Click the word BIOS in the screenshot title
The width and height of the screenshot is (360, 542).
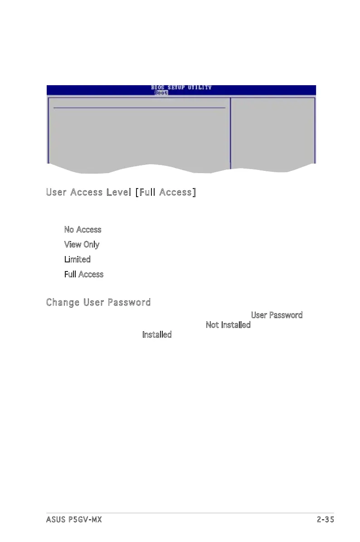[x=158, y=87]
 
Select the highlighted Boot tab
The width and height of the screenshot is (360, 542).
[x=161, y=92]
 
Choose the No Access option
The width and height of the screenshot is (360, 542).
[x=83, y=230]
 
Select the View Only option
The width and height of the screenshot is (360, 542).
[x=82, y=245]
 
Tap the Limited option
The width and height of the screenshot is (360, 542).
[x=77, y=260]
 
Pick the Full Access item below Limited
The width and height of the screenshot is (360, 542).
[x=84, y=275]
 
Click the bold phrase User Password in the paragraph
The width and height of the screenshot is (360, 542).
[x=277, y=315]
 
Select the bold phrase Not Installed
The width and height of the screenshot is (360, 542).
[x=228, y=325]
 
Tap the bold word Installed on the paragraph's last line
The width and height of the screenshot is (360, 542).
[x=157, y=335]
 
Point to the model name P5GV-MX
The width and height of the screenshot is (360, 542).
[x=87, y=519]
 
